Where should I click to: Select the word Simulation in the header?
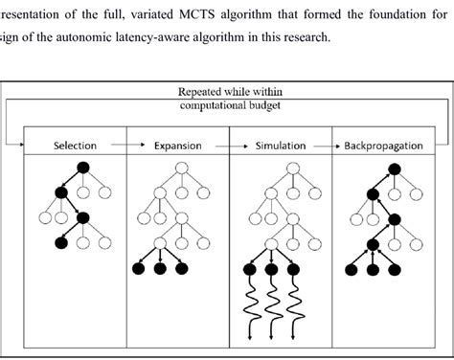point(281,146)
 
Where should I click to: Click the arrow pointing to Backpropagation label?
point(332,146)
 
